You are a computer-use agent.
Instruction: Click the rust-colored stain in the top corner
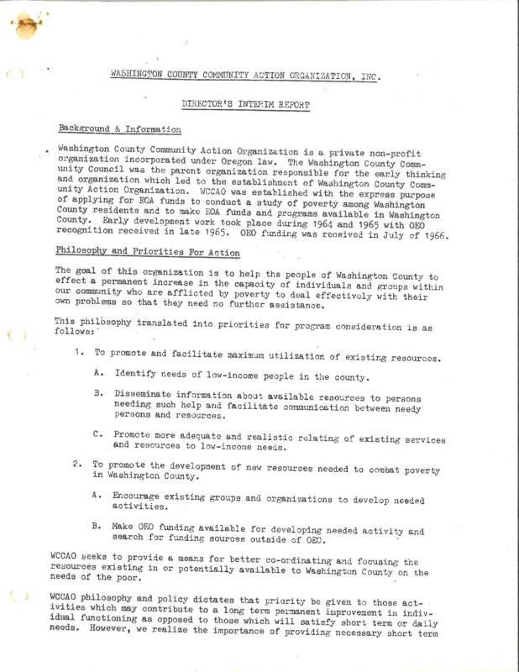tap(32, 24)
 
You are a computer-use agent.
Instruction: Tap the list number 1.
tap(76, 355)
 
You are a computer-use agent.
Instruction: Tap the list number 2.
tap(76, 463)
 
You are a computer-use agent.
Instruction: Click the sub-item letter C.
tap(97, 434)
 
